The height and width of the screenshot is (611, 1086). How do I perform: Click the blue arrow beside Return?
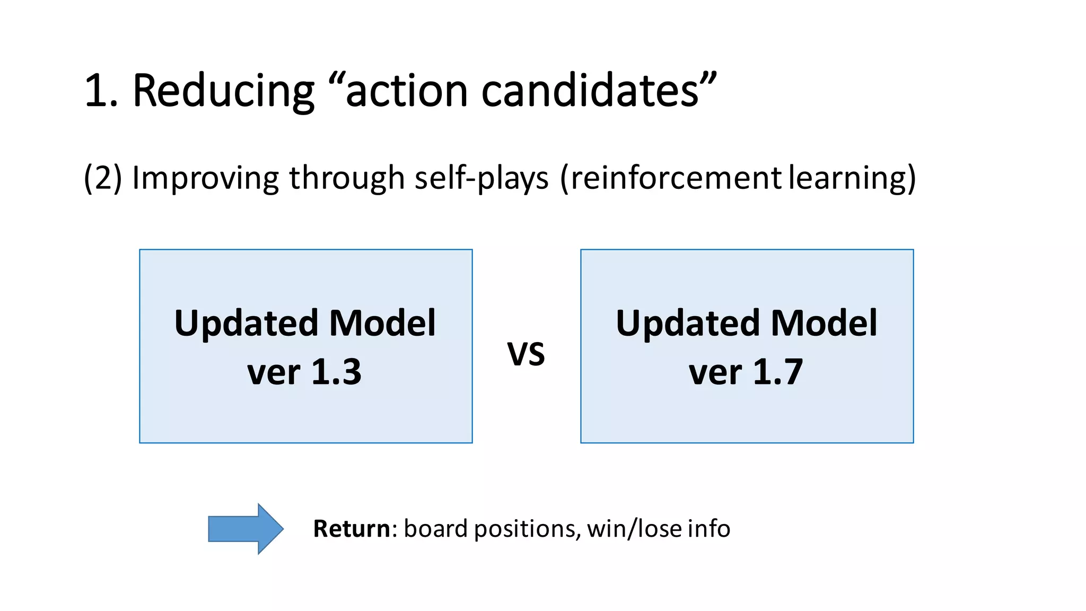(x=246, y=529)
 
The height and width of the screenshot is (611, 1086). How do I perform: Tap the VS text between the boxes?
(x=526, y=355)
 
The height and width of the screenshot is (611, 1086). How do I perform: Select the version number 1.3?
(x=336, y=372)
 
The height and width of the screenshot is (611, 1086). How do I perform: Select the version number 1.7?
(x=777, y=372)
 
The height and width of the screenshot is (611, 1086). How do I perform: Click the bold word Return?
(x=352, y=529)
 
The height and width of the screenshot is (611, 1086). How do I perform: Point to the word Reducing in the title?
(x=223, y=91)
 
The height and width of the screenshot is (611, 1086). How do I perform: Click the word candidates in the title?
(x=590, y=91)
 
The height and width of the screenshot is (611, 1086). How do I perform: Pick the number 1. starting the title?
(x=101, y=91)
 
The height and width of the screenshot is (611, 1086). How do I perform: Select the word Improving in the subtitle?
(x=205, y=178)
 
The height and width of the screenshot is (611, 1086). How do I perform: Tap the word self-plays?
(x=481, y=178)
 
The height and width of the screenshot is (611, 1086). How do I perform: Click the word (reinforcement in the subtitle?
(x=671, y=178)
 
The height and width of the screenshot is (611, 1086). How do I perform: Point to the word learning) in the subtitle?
(x=852, y=178)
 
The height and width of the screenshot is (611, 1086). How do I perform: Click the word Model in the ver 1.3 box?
(x=382, y=323)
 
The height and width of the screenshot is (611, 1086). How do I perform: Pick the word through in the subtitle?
(x=347, y=178)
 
